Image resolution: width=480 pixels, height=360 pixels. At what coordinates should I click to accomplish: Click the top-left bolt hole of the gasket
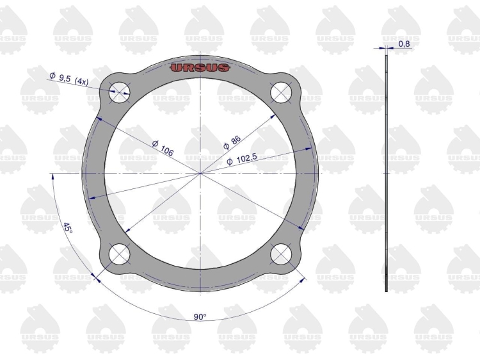120,92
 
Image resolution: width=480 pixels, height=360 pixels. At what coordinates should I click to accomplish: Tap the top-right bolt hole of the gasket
281,92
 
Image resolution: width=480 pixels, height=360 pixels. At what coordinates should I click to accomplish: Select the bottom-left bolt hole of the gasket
120,254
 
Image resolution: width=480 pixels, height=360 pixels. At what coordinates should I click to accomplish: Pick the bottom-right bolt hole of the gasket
281,254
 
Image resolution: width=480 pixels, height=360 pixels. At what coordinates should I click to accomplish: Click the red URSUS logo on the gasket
200,68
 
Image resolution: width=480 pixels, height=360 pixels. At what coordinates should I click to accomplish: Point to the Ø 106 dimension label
163,148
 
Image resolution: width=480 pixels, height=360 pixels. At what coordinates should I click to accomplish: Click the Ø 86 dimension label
232,142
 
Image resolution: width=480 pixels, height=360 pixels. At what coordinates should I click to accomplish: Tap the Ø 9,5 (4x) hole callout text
69,78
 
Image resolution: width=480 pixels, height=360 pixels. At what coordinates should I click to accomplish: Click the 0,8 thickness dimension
404,44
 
